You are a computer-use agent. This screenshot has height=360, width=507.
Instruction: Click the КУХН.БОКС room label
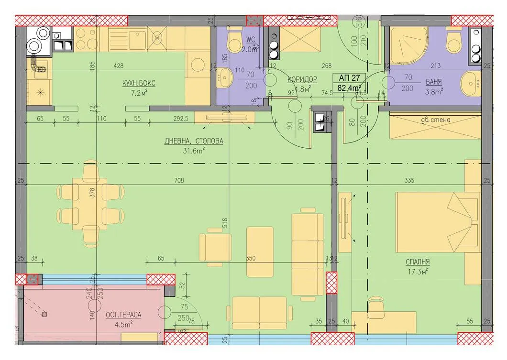point(139,83)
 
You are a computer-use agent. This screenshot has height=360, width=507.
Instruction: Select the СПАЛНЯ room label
point(418,262)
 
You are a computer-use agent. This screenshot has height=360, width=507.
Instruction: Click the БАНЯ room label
point(433,81)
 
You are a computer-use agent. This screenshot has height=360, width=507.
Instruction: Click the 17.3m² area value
point(417,271)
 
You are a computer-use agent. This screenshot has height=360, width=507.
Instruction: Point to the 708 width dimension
point(179,181)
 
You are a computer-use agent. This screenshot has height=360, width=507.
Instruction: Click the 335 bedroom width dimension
point(409,181)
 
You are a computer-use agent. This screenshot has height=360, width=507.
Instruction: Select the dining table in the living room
point(89,204)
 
